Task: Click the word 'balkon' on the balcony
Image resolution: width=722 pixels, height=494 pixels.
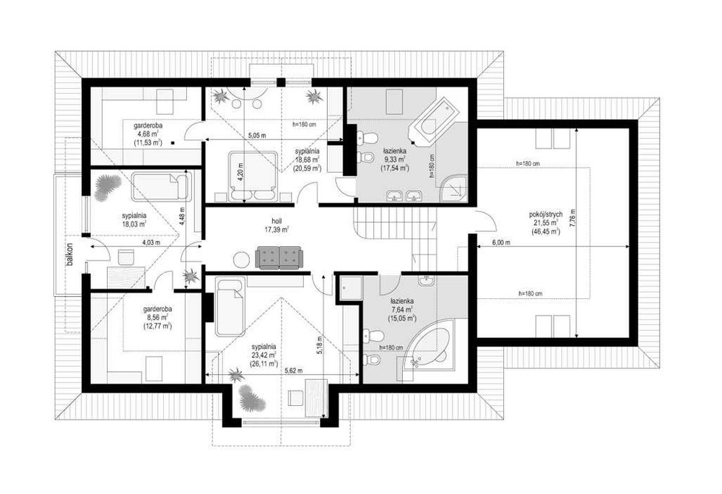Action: tap(69, 255)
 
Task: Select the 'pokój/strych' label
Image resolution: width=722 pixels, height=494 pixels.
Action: tap(546, 214)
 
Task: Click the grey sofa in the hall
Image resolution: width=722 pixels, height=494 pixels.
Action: tap(279, 257)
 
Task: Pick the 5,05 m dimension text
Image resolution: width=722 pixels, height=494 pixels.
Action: tap(258, 136)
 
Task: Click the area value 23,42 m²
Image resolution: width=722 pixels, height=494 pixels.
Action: tap(264, 355)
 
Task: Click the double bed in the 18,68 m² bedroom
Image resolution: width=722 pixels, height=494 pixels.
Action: tap(253, 176)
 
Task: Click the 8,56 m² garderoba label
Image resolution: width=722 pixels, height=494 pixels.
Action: tap(157, 318)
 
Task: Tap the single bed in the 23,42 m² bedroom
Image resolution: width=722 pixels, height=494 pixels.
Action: tap(230, 307)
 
